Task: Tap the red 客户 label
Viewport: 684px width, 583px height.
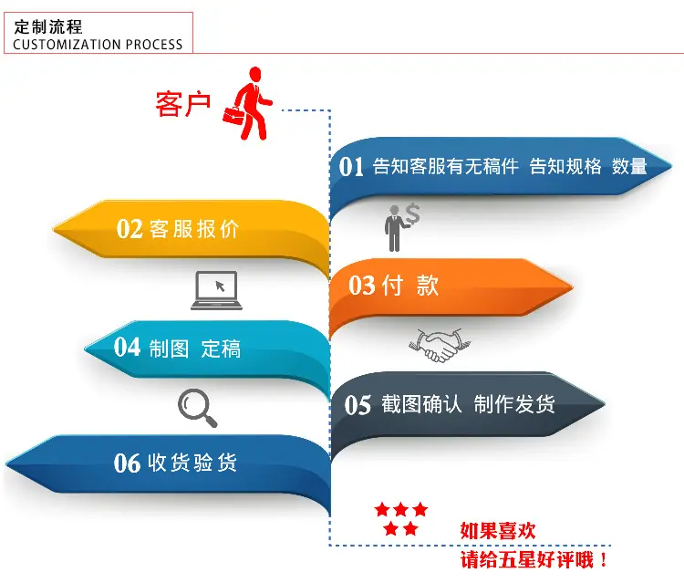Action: click(183, 104)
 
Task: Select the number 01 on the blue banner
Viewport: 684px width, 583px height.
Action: click(351, 167)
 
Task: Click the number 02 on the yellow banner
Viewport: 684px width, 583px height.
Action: click(130, 228)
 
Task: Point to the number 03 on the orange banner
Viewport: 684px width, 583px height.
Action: click(362, 286)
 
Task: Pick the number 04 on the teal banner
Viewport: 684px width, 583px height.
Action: click(127, 348)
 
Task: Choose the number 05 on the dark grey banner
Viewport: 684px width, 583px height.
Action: click(358, 405)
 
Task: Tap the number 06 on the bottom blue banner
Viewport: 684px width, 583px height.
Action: click(127, 463)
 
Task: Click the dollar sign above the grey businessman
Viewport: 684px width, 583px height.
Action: click(412, 213)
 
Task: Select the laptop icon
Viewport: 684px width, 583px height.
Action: click(216, 291)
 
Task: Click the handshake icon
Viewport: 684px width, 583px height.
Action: click(440, 346)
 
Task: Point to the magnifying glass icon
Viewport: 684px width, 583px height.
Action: click(198, 408)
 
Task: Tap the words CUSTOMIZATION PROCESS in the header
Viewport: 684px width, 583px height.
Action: click(98, 45)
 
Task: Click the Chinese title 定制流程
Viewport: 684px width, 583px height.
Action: click(48, 27)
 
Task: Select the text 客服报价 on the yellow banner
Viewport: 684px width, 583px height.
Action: click(194, 229)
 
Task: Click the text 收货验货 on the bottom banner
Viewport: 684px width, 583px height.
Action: click(192, 463)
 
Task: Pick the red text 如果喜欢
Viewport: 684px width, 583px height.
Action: click(498, 531)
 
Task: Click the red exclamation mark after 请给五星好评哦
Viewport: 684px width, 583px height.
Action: click(604, 559)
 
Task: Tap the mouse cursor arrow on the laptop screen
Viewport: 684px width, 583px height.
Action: click(220, 286)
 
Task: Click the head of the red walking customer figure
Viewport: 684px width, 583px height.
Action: click(254, 74)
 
